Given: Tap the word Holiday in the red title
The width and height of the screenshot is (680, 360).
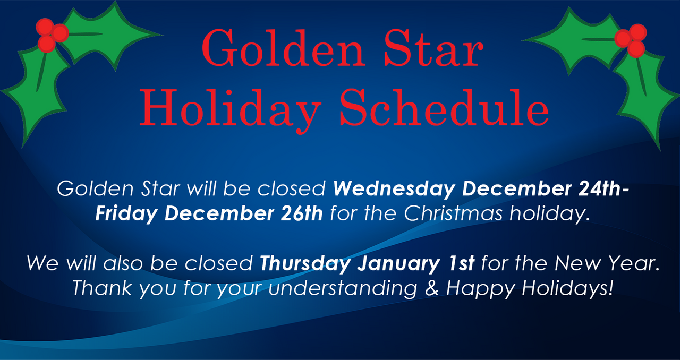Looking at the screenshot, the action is [230, 111].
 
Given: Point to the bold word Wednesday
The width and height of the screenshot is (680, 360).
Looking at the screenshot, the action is [394, 190].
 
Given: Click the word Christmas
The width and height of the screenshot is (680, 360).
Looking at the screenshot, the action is [453, 213].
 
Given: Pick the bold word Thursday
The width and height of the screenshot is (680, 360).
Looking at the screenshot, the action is [305, 264].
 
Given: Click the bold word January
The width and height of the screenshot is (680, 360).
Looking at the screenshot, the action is [398, 264].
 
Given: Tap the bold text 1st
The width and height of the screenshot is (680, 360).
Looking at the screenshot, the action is [461, 263].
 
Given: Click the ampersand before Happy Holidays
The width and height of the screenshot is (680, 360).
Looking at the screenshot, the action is [432, 288].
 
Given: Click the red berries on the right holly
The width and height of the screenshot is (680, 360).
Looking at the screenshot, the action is [632, 40].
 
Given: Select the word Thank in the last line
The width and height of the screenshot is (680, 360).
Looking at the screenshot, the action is [102, 288].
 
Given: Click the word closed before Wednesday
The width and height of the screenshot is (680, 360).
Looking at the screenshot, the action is [292, 188].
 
